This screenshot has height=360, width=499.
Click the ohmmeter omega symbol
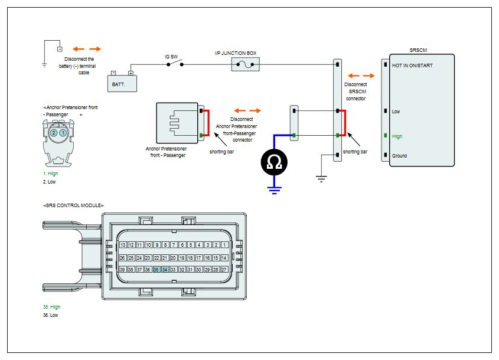point(274,162)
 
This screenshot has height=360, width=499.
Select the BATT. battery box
point(122,83)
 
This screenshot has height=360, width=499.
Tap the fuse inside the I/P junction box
point(245,64)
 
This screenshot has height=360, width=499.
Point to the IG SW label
point(171,57)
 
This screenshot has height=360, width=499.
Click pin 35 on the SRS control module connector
point(156,269)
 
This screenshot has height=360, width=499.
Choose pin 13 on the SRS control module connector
point(123,245)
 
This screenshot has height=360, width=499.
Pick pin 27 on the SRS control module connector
point(224,269)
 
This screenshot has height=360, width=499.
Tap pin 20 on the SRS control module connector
point(173,258)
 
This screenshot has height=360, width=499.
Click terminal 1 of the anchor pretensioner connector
point(63,133)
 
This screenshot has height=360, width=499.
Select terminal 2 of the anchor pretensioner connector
point(54,133)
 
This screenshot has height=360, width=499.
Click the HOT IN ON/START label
point(412,66)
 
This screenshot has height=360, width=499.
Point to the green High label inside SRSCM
point(397,136)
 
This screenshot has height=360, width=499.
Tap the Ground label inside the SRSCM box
point(399,156)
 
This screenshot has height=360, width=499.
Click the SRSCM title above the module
point(418,50)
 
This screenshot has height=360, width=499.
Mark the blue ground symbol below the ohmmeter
point(275,190)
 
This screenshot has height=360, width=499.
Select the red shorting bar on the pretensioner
point(208,123)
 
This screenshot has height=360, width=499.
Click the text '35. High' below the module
point(51,307)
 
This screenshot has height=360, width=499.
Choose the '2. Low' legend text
point(50,182)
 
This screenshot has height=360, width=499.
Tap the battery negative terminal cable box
point(60,49)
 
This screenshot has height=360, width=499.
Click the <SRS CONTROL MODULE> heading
point(73,205)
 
